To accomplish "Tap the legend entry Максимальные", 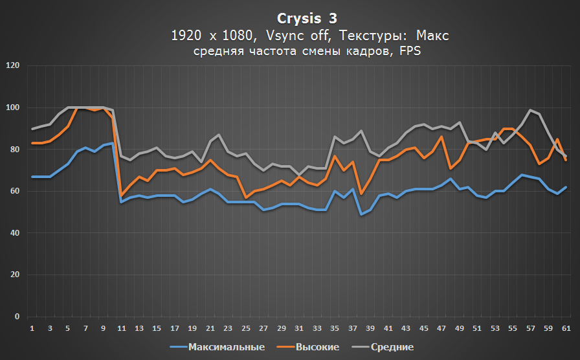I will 226,348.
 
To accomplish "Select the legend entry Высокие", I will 317,348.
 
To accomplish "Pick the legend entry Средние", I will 392,348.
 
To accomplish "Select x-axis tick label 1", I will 32,329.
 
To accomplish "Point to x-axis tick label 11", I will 120,329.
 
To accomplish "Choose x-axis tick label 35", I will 334,329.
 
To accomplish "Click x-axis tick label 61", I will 566,329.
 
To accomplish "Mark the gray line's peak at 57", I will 530,110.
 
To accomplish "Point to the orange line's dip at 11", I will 121,196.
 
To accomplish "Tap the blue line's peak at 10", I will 112,143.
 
